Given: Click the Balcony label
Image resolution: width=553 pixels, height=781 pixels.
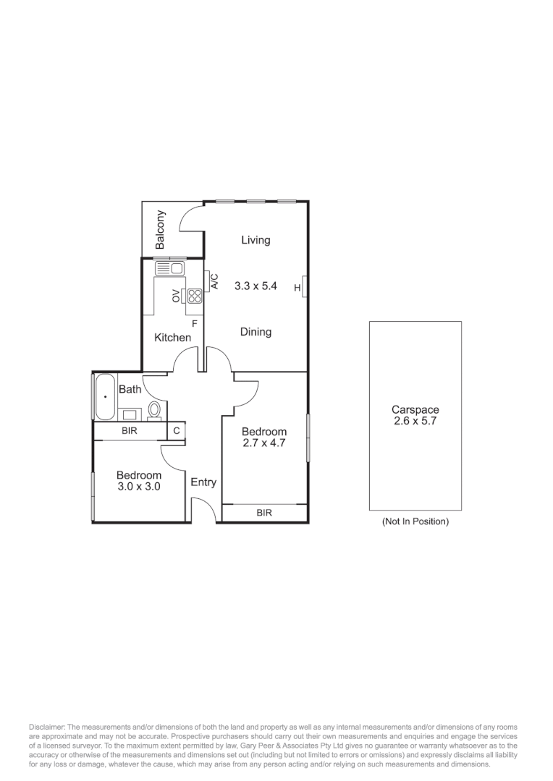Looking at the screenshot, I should (161, 229).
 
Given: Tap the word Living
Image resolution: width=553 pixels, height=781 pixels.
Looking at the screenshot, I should (256, 240).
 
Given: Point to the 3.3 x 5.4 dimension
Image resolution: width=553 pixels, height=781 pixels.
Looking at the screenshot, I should (256, 286).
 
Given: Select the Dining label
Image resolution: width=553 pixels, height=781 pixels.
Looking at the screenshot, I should (256, 332).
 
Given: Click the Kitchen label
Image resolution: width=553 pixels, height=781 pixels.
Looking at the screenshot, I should (173, 338).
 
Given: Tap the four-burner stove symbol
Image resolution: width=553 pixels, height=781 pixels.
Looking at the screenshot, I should (193, 295).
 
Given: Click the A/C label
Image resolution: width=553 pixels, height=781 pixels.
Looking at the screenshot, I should (214, 281).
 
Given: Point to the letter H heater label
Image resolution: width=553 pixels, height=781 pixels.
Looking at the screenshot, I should (297, 289).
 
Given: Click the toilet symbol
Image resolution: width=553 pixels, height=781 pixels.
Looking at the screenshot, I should (154, 411).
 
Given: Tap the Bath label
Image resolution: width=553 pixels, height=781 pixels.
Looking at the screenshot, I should (130, 389).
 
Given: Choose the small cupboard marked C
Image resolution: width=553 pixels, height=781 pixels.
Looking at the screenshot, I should (177, 431).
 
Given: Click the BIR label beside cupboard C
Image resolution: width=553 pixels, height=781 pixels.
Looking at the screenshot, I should (130, 431).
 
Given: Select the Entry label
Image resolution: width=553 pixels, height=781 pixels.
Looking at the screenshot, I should (203, 482).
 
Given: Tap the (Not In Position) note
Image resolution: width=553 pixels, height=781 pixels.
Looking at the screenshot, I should (415, 521).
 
